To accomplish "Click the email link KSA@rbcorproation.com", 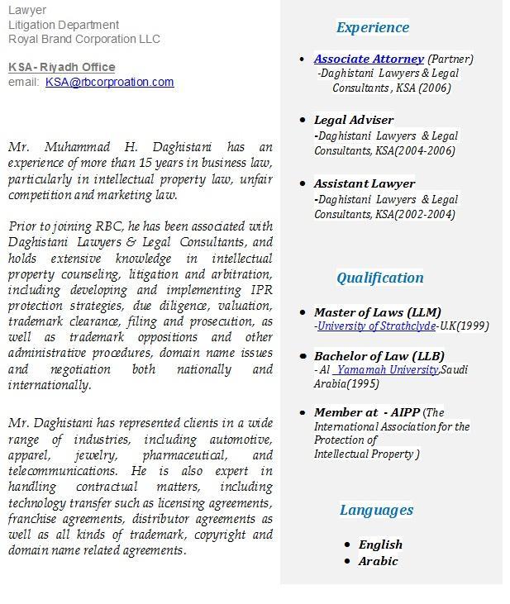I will (x=109, y=82).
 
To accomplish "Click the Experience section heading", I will (x=372, y=27).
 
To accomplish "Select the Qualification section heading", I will (x=379, y=278).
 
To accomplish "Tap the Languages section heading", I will (x=376, y=510).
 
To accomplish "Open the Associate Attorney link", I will (x=369, y=59).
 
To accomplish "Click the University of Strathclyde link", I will (x=376, y=326).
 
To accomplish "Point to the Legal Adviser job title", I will (x=354, y=120).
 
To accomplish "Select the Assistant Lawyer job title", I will (x=365, y=183).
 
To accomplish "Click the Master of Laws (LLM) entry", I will (x=377, y=312).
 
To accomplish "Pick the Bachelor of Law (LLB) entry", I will (x=379, y=356).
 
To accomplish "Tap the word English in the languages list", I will (x=380, y=545).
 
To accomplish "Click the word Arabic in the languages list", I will (x=378, y=561).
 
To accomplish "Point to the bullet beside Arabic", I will (x=347, y=561).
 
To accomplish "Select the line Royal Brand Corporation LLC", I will (x=84, y=39).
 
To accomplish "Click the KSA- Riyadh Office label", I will (x=62, y=67).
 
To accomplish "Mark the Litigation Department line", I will (x=64, y=25).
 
